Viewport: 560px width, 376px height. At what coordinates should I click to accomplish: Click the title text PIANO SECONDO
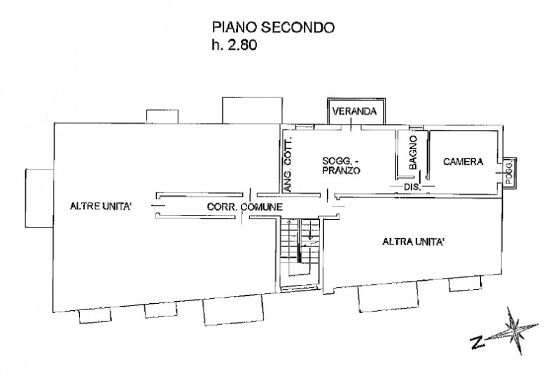[x=273, y=27]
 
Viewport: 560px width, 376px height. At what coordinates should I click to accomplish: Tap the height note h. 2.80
[x=234, y=46]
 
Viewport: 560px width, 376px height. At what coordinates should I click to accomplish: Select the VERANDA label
[x=354, y=111]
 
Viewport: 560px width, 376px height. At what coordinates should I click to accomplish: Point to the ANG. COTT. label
[x=288, y=164]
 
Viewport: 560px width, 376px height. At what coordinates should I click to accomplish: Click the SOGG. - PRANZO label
[x=341, y=165]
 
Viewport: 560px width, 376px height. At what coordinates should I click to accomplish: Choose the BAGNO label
[x=413, y=152]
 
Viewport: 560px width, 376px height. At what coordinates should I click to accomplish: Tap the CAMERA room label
[x=463, y=162]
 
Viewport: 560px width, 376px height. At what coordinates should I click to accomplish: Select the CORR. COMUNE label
[x=244, y=207]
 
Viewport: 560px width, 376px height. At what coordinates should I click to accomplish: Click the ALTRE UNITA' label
[x=99, y=206]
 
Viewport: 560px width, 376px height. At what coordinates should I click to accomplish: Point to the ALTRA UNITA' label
[x=413, y=242]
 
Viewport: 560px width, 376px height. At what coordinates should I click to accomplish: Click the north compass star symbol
[x=514, y=330]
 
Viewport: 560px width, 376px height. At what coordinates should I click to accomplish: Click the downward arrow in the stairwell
[x=310, y=230]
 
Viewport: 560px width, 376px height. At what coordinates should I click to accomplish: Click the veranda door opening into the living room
[x=351, y=126]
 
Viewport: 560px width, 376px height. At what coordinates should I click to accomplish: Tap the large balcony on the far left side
[x=40, y=198]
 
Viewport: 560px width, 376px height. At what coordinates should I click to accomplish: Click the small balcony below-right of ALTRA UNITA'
[x=464, y=284]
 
